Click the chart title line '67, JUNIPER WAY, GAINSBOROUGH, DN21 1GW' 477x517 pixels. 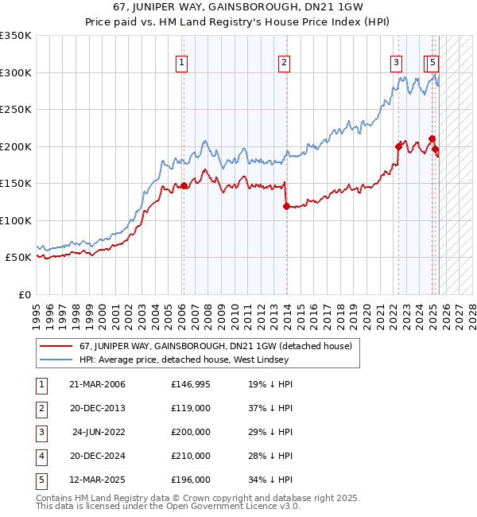(x=238, y=8)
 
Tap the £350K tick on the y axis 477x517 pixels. (x=15, y=36)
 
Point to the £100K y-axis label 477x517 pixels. (x=15, y=220)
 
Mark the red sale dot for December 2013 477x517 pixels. (x=286, y=206)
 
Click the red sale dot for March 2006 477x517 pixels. (x=184, y=185)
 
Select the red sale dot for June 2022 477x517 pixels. (x=398, y=146)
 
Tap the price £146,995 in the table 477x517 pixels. (x=191, y=384)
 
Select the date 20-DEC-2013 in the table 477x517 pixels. (x=97, y=408)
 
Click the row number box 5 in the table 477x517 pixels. (x=39, y=480)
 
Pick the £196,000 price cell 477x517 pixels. (x=191, y=480)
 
